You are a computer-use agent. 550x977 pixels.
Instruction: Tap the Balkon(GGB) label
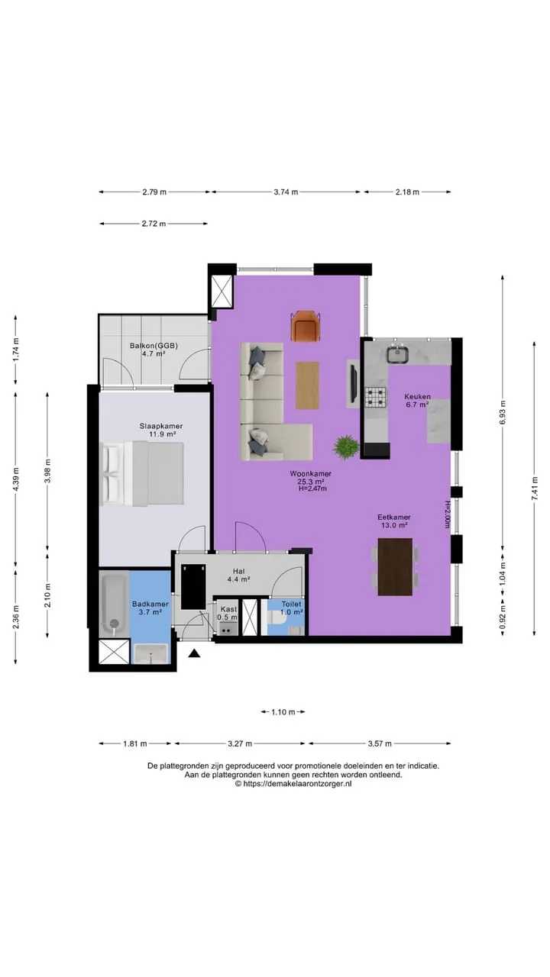(x=154, y=346)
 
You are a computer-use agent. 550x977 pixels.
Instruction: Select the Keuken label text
(x=417, y=397)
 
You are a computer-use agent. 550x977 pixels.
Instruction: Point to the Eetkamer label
(x=394, y=518)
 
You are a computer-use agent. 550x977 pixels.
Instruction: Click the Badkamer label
(x=150, y=604)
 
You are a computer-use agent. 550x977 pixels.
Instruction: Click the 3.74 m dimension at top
(x=286, y=192)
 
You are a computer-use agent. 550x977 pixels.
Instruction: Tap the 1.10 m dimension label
(x=283, y=712)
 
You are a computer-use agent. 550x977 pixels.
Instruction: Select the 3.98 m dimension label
(x=47, y=471)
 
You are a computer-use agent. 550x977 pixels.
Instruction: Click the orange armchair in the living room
(x=306, y=325)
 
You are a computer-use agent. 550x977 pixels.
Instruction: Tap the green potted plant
(x=346, y=447)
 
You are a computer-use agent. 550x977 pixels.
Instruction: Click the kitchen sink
(x=398, y=353)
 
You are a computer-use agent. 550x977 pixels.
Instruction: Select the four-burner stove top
(x=376, y=397)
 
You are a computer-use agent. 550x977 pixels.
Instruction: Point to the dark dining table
(x=395, y=566)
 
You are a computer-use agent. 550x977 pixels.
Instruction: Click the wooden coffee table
(x=307, y=385)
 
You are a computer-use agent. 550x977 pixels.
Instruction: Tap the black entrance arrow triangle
(x=194, y=653)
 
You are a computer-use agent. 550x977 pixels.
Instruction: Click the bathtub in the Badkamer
(x=115, y=604)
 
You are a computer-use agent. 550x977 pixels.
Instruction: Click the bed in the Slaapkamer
(x=141, y=474)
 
